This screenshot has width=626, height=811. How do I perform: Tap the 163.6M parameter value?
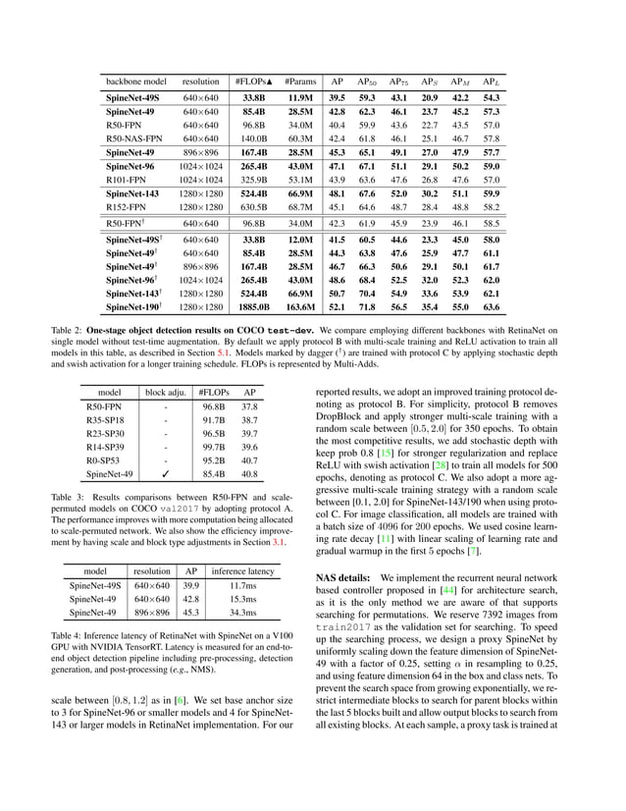click(301, 307)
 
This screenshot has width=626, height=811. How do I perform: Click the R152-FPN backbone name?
click(128, 208)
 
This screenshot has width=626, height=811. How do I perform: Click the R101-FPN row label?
click(128, 181)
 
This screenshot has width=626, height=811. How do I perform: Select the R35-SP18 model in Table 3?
click(103, 418)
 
